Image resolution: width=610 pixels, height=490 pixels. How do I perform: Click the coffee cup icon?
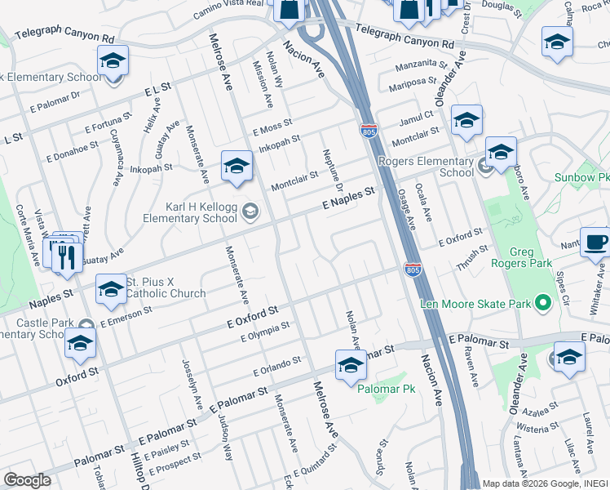point(596,243)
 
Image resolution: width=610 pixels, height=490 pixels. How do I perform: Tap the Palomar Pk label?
point(387,389)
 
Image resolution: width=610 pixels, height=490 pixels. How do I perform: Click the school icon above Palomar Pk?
point(351,365)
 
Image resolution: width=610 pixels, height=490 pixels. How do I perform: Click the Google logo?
point(27,480)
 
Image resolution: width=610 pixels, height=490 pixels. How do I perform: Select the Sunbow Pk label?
point(581,176)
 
